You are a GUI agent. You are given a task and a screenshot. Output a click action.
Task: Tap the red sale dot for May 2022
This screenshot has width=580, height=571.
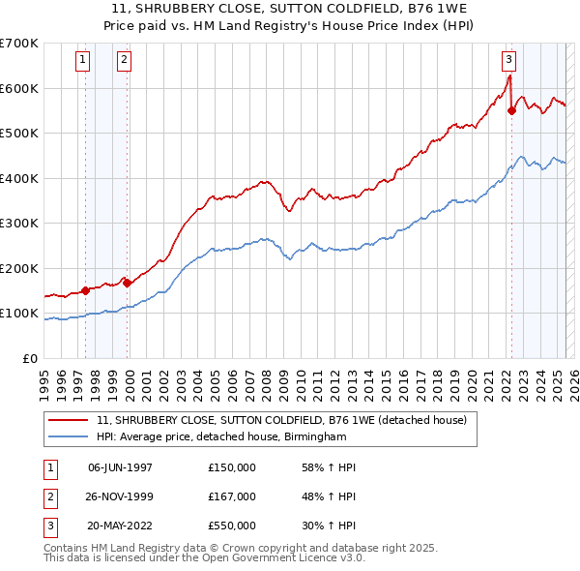tap(511, 110)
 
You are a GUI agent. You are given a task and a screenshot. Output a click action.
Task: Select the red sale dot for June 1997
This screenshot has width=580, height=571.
tap(85, 289)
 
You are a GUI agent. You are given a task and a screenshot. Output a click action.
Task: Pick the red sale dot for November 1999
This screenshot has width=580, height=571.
tap(128, 283)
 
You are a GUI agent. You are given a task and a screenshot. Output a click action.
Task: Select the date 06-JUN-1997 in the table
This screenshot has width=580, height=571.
tap(120, 467)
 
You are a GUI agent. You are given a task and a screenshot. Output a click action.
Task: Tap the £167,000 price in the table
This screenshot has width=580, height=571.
tap(232, 496)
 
